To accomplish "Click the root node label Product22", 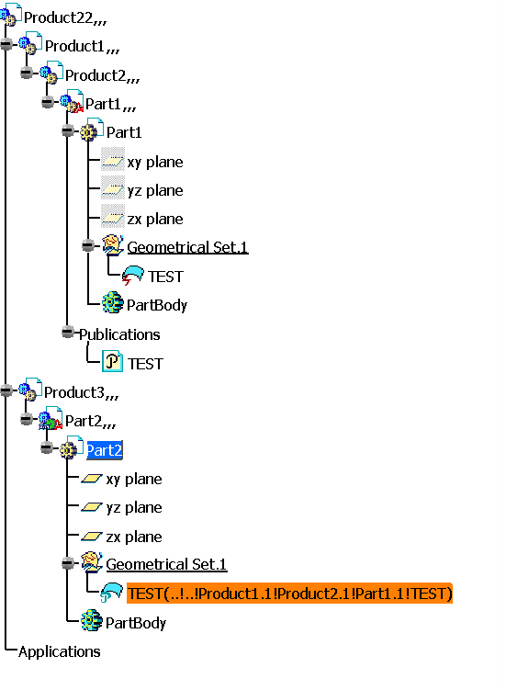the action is pos(64,18).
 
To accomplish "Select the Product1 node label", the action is pos(82,46).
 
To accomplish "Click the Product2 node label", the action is pos(102,75).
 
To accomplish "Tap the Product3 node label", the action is pos(81,392).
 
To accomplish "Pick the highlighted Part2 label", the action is pos(105,450).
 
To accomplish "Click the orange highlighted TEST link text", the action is pos(289,594).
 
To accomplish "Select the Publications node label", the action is pos(119,334).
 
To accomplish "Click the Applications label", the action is pos(60,651).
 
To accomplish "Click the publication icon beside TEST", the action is pos(112,362).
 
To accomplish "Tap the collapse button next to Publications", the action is pos(68,332).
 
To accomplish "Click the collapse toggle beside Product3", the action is pos(6,390).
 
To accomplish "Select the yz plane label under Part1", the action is pos(155,191).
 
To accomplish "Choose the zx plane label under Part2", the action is pos(134,537).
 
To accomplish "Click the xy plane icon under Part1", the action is pos(113,160).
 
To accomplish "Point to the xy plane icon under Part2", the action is pos(92,479).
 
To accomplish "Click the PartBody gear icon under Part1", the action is pos(113,303).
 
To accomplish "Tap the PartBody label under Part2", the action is pos(136,623).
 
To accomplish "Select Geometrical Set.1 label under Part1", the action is pos(188,247).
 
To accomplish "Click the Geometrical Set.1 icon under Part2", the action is pos(92,562).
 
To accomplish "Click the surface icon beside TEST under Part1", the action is pos(132,276).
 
